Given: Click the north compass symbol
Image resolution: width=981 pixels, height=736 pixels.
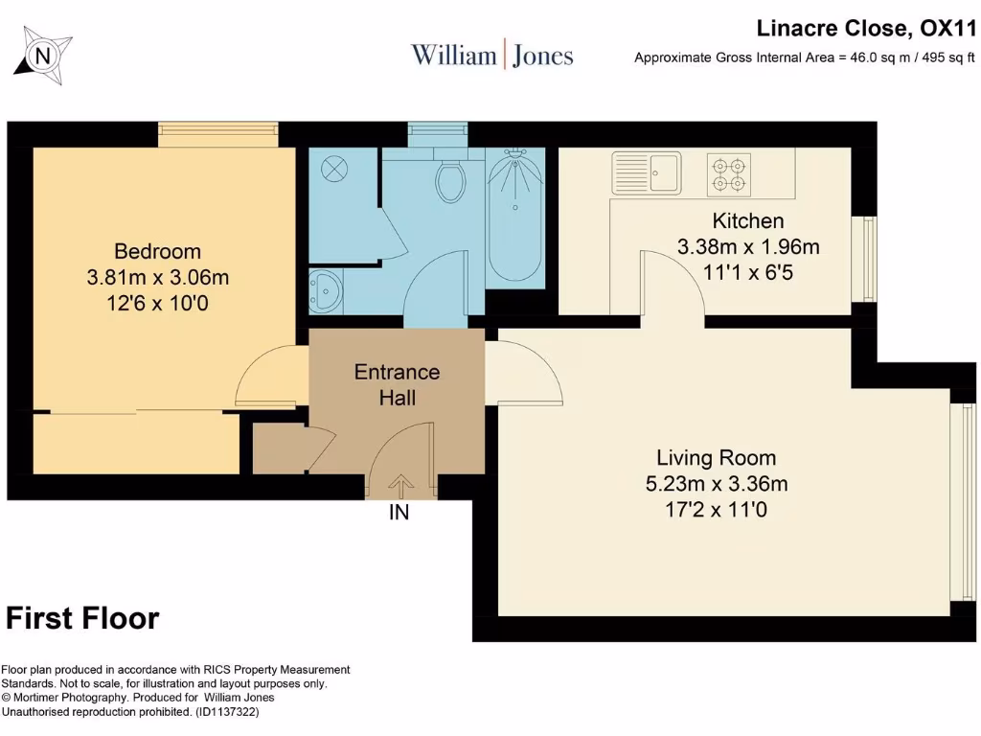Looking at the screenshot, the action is pos(42,56).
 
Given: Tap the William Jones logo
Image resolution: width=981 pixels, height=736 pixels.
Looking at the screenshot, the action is pos(491,55).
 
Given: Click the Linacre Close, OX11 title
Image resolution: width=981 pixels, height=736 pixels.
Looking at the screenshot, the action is pos(866,28).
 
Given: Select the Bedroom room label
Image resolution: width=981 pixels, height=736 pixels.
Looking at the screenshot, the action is pos(158,251).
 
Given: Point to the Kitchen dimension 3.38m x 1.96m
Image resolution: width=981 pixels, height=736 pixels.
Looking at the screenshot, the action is pos(748,246).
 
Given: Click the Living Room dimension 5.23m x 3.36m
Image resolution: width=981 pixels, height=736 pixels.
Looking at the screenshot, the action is pos(717,483).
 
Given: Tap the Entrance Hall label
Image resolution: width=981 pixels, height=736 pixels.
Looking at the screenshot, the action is pos(398,384).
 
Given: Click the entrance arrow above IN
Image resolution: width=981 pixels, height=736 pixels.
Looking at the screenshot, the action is pos(400,486).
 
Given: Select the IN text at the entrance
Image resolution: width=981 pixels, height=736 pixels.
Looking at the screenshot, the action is pos(399,512).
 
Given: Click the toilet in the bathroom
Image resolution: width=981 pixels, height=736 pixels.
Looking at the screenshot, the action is pos(450,176).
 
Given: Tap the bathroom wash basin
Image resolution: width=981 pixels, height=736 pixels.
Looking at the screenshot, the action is pos(326,289).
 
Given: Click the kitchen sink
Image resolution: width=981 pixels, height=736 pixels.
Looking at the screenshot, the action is pos(647,172).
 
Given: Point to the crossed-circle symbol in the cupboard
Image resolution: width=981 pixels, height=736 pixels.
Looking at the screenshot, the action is pos(334,169).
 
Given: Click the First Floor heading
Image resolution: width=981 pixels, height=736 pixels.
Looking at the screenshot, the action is pos(82,618).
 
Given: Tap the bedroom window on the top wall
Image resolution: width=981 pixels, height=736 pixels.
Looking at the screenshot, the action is pos(217,134).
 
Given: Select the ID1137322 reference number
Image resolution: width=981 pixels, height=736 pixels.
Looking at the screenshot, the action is pos(227,712).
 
